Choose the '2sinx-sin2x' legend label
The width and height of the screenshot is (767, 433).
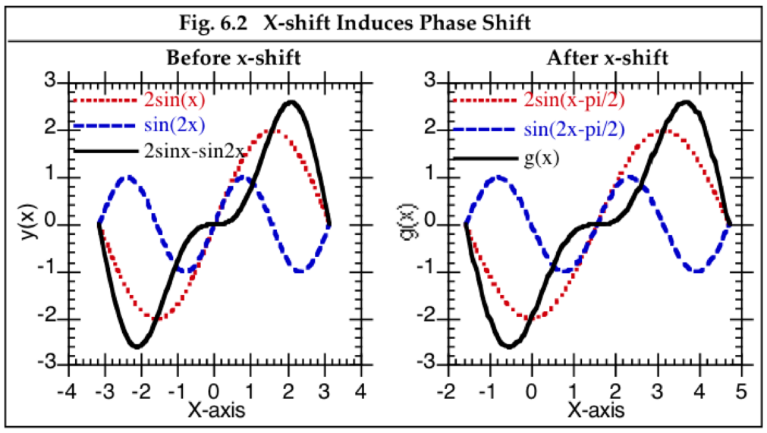(193, 149)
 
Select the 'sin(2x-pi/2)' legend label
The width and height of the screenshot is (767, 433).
(574, 129)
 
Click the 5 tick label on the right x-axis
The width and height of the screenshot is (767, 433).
(741, 393)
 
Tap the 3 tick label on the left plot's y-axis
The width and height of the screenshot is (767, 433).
(49, 81)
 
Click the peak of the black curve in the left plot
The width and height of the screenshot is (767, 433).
(290, 102)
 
